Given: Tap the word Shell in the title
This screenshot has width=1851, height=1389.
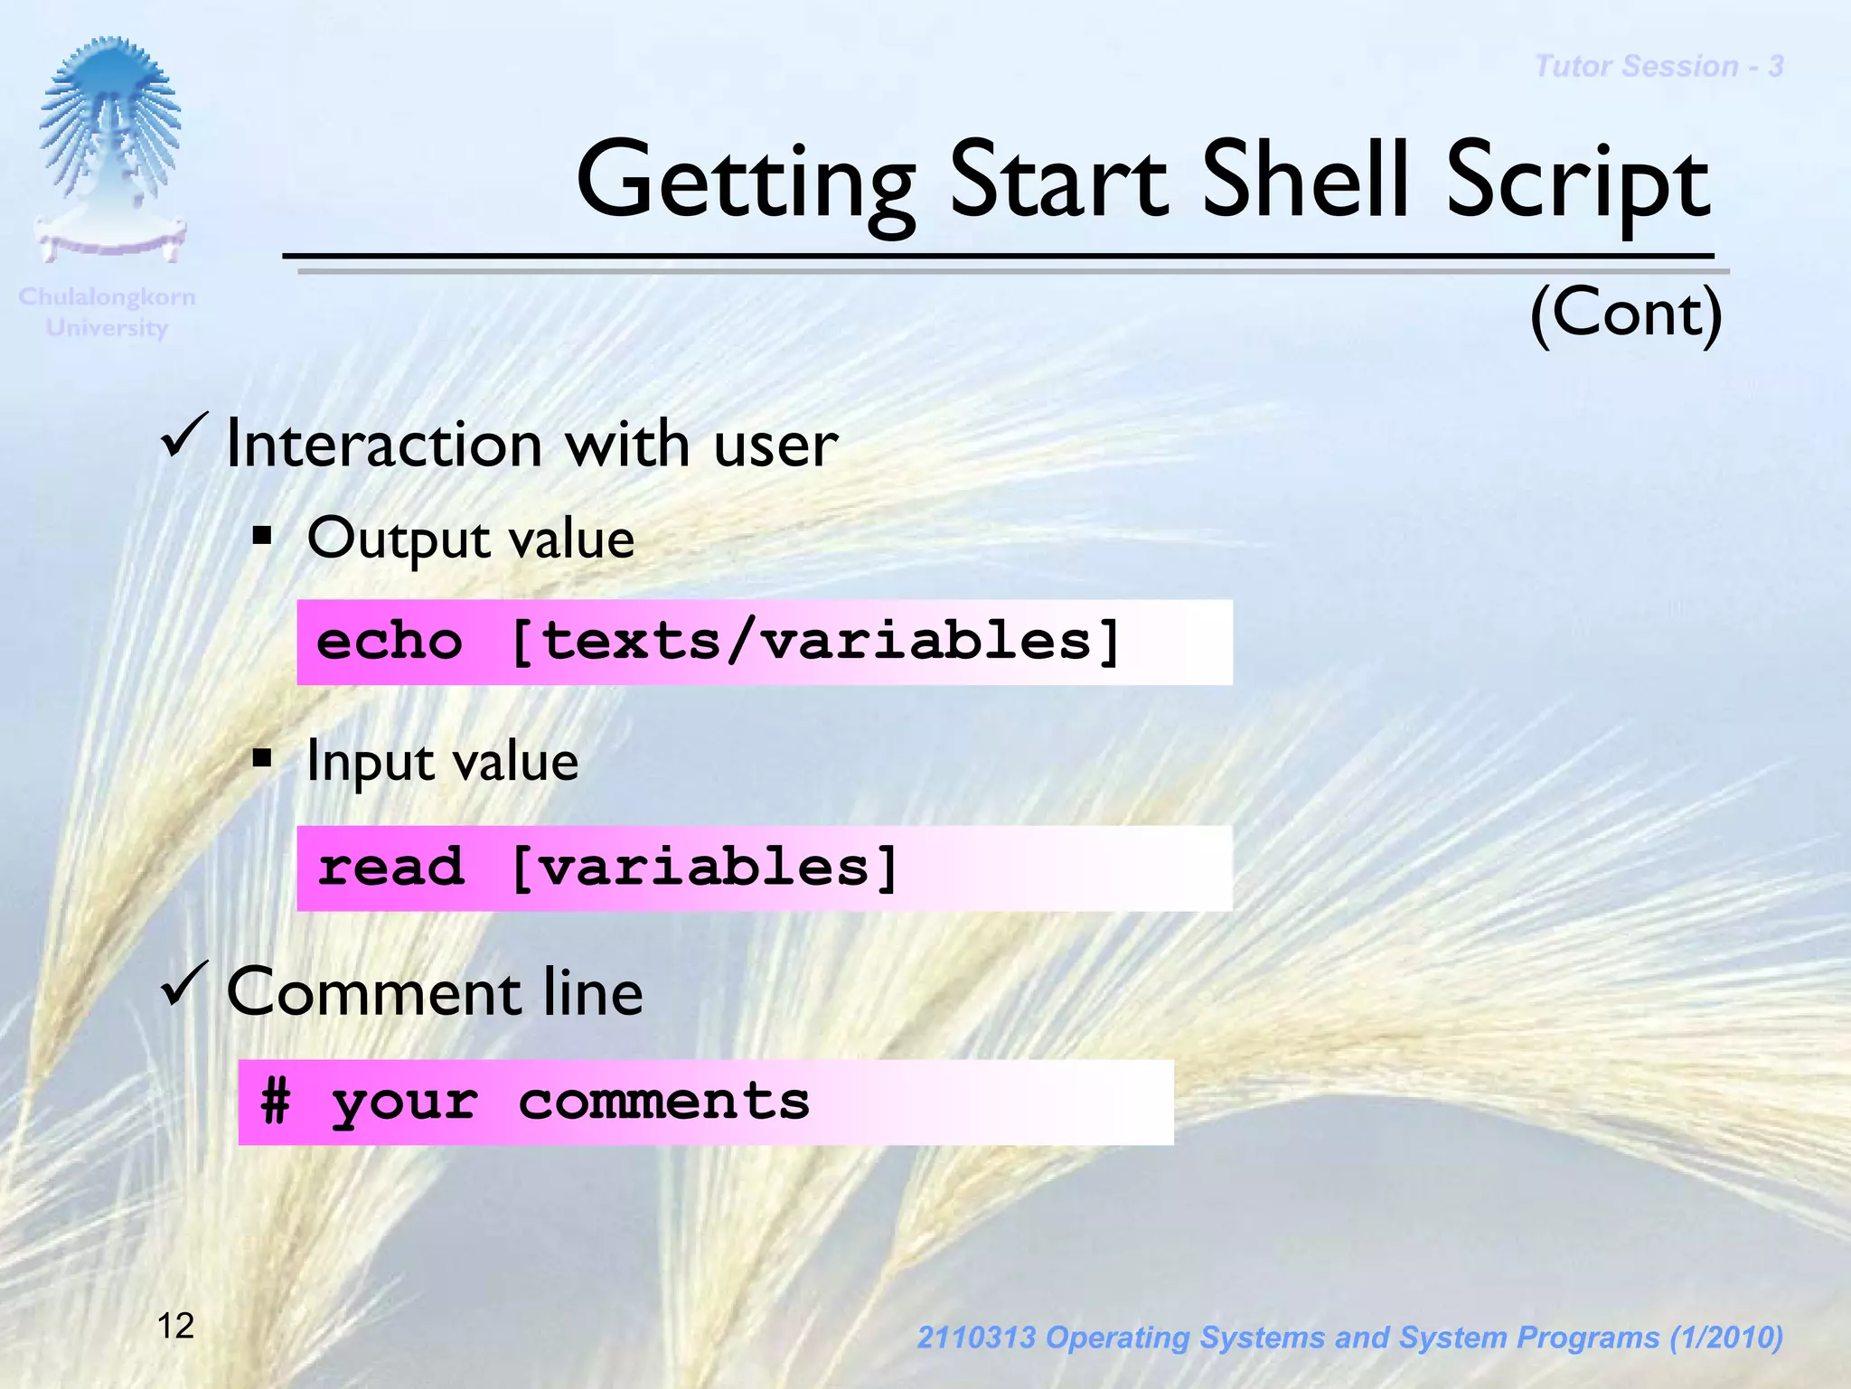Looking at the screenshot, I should click(x=1306, y=181).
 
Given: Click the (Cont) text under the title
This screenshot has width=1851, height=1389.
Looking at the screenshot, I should click(x=1626, y=313).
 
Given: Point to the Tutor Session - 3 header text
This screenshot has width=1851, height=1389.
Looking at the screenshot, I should click(x=1658, y=66).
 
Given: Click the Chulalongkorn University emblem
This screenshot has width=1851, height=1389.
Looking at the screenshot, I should click(x=110, y=149).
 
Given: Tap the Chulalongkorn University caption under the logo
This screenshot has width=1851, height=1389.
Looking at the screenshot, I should click(x=107, y=312).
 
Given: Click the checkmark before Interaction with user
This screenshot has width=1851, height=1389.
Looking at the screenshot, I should click(x=185, y=436).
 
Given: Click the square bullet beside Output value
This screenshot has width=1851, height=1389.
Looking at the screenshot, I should click(x=262, y=538).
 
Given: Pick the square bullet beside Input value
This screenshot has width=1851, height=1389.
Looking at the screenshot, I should click(x=262, y=757).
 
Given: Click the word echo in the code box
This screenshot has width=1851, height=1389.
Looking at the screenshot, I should click(x=390, y=642).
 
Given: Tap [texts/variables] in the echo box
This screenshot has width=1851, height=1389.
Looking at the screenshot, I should click(x=816, y=642).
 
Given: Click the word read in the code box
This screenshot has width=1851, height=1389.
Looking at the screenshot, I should click(x=390, y=868).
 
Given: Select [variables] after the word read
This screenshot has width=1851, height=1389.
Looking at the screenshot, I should click(x=705, y=868).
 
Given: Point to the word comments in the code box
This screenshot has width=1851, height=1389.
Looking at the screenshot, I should click(x=663, y=1102).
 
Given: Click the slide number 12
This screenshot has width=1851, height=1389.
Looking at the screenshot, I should click(x=175, y=1326).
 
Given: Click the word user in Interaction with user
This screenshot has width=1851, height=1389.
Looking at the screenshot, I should click(x=775, y=445).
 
